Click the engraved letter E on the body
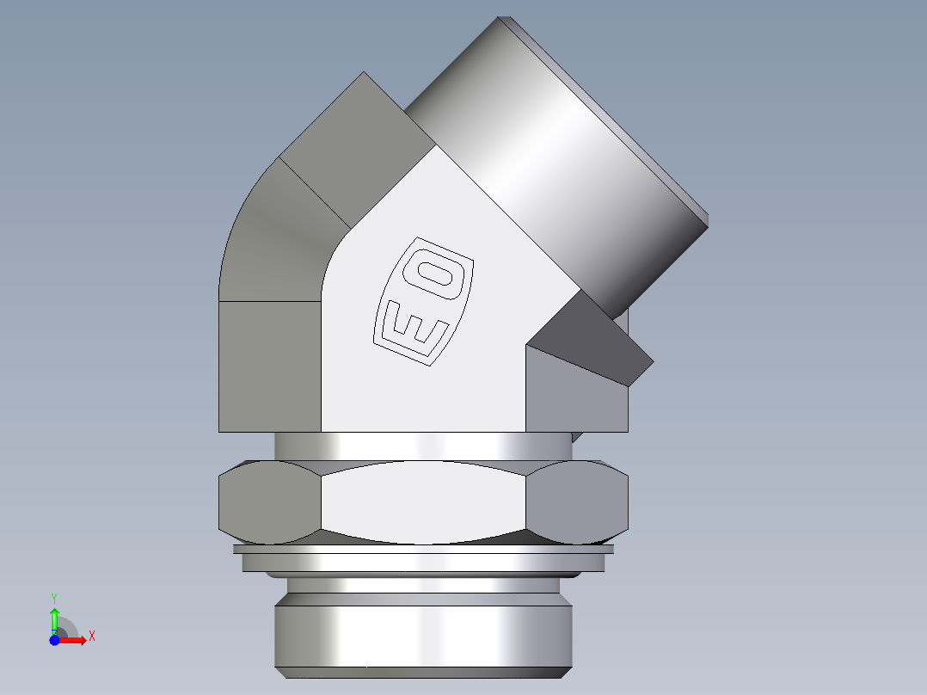click(x=415, y=328)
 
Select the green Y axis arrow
click(x=54, y=618)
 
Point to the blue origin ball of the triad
click(x=54, y=640)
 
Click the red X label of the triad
click(x=91, y=637)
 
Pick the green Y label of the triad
click(x=54, y=596)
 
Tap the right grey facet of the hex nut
click(x=576, y=502)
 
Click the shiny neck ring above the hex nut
click(x=421, y=445)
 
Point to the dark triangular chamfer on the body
click(x=593, y=340)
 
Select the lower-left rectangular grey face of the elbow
click(x=269, y=366)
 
